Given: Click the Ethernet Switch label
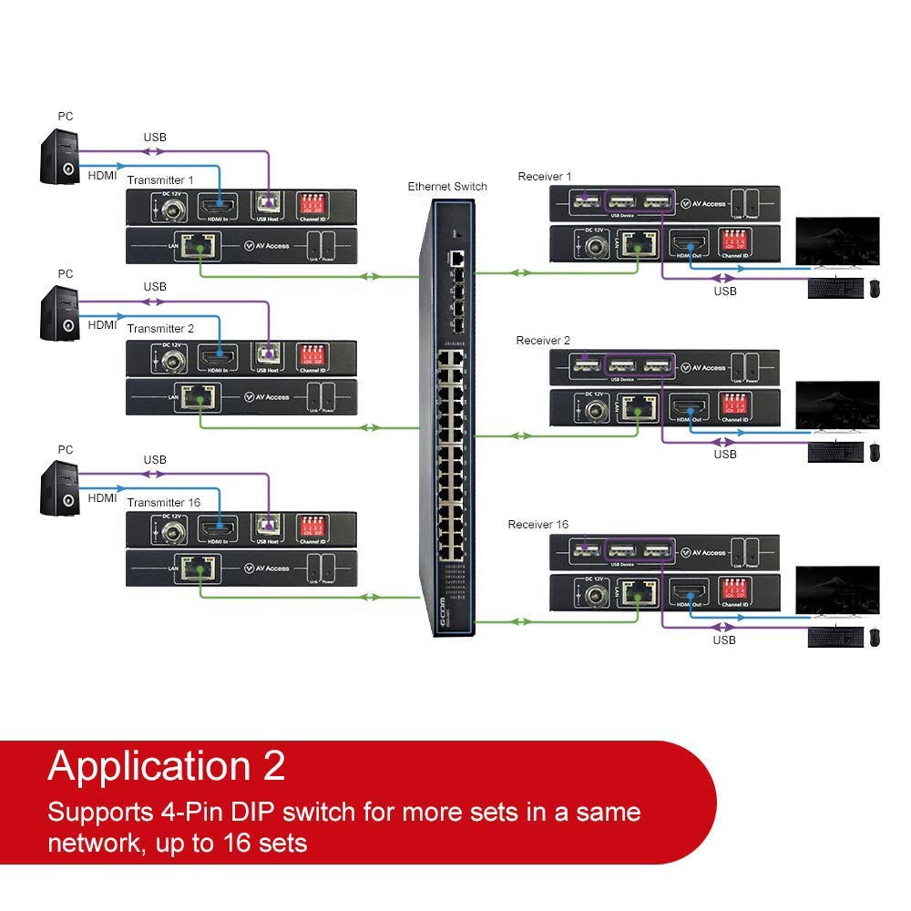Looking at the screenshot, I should (x=446, y=187).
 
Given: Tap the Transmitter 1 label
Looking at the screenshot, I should (x=160, y=179).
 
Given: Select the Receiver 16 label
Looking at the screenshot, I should (x=537, y=525).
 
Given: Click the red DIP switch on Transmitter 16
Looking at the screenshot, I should (x=312, y=525).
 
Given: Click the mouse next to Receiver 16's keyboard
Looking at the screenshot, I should (x=875, y=638).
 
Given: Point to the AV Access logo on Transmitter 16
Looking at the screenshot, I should (x=266, y=568).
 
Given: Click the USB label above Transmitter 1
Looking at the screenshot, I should (x=155, y=138).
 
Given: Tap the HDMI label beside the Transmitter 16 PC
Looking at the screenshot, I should (x=102, y=498).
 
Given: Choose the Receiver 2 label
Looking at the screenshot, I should (x=543, y=341).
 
